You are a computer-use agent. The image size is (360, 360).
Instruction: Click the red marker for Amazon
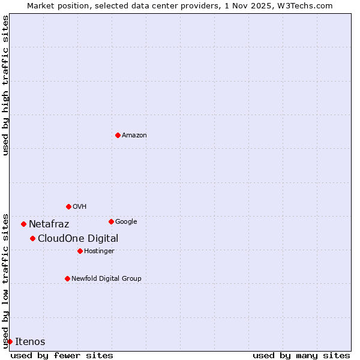coord(118,135)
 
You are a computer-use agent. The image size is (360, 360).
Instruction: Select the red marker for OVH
coord(68,206)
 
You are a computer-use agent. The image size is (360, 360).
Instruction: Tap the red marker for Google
coord(111,221)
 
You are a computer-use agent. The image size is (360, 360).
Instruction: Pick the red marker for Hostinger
coord(80,251)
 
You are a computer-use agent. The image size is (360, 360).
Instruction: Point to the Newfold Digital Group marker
coord(67,278)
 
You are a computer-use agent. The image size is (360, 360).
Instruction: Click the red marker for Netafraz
coord(23,224)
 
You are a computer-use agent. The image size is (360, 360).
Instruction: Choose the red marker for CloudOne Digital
coord(32,238)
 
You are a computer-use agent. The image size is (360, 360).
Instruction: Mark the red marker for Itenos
coord(10,341)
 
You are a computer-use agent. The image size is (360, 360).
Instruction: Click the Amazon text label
coord(134,136)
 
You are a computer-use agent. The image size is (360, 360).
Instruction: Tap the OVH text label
coord(80,207)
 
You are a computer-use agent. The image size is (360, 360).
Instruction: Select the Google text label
coord(126,222)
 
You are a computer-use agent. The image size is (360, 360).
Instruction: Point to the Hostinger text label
coord(99,251)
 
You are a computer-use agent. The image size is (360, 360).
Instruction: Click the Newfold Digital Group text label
coord(106,279)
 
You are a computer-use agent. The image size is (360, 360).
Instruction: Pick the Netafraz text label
coord(49,224)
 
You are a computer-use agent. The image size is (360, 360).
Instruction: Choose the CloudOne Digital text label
coord(78,239)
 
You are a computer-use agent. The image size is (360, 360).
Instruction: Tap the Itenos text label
coord(30,342)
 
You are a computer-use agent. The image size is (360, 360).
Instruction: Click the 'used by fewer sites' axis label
coord(62,355)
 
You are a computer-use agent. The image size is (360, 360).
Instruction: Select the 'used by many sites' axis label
coord(301,355)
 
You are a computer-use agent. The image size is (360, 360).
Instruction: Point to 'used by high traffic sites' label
coord(5,85)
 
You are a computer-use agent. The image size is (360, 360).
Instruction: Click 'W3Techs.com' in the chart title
coord(307,5)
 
